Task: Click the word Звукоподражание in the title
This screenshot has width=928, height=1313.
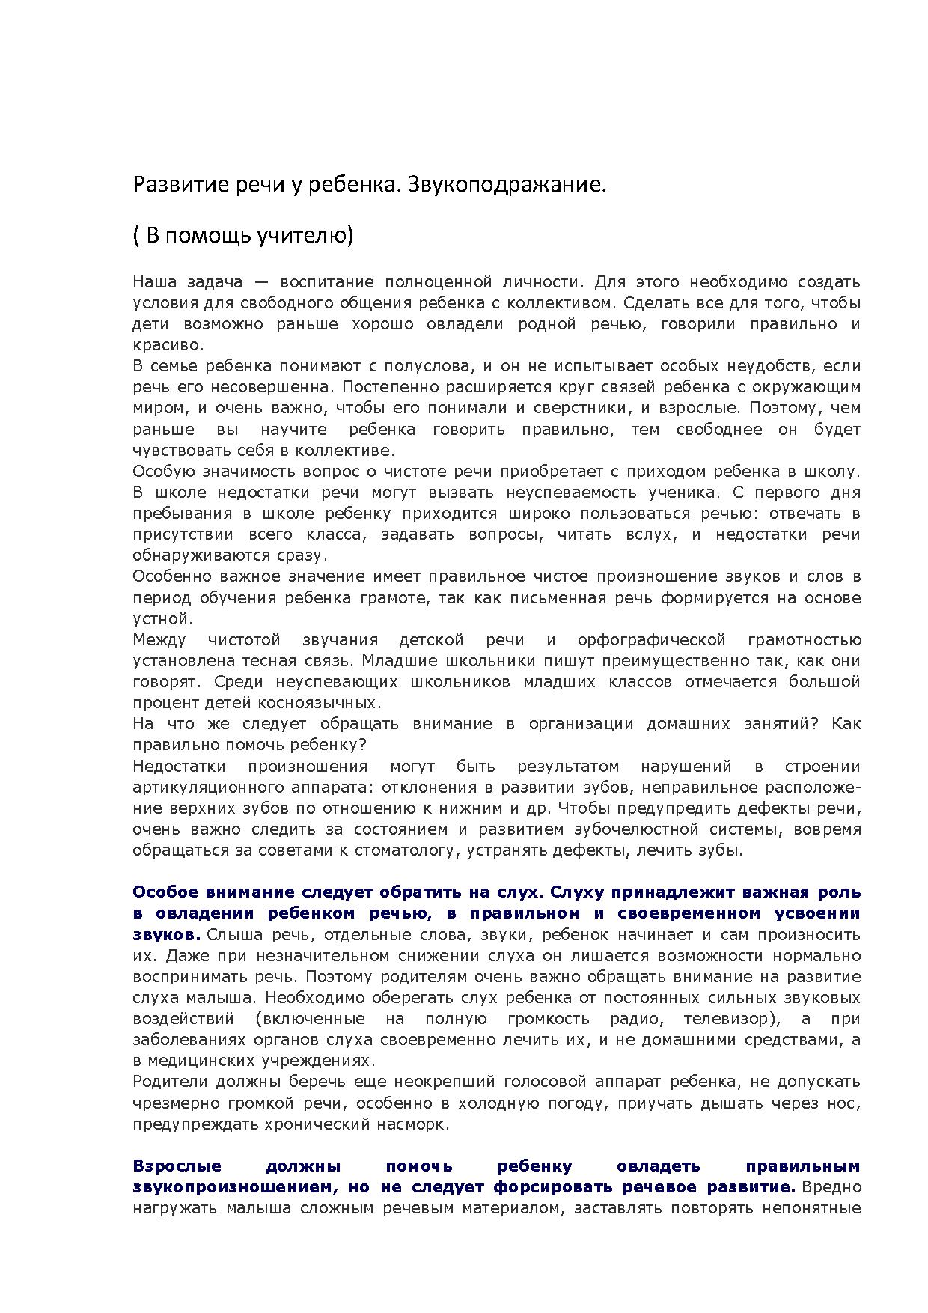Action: click(x=505, y=185)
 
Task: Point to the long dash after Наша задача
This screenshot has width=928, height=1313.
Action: click(x=261, y=283)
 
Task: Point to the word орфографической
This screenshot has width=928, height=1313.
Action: click(x=651, y=640)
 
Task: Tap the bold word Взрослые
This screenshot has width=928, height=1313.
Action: click(x=177, y=1166)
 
